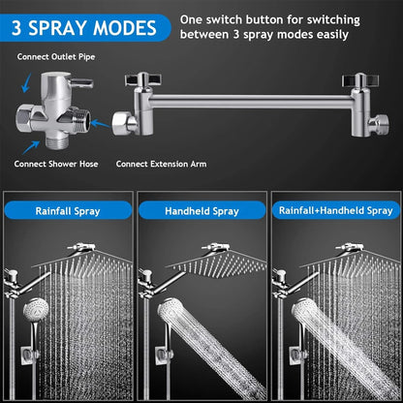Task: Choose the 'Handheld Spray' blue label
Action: click(x=201, y=210)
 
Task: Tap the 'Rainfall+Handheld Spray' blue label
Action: click(x=336, y=210)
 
